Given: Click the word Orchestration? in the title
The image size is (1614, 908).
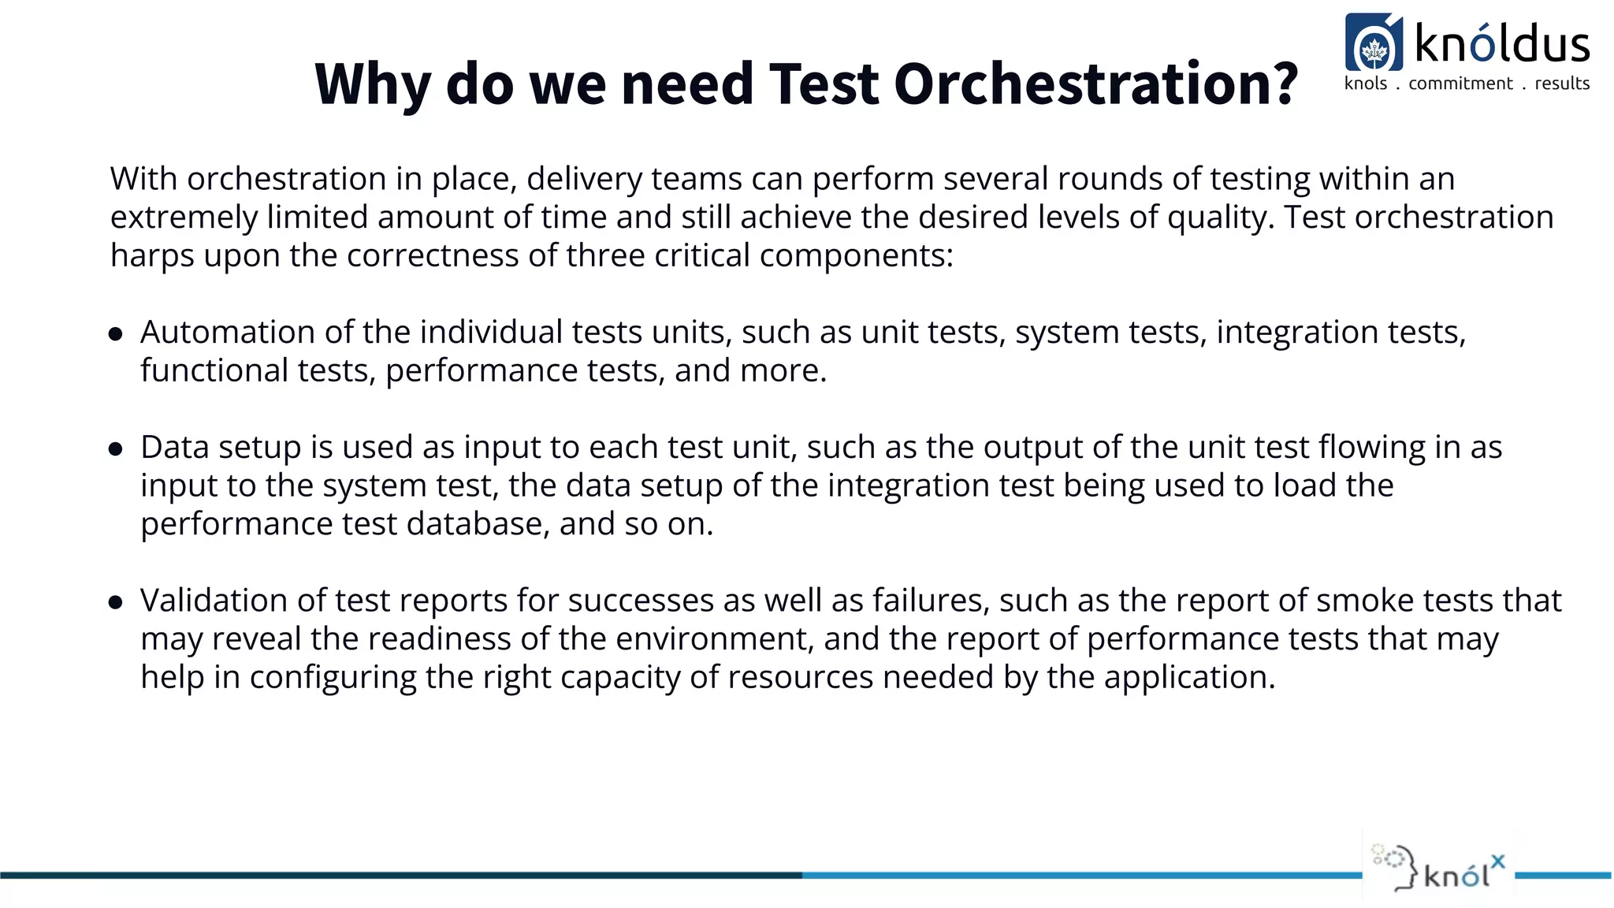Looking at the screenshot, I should point(1095,84).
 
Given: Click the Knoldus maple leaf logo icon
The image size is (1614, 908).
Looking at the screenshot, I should point(1374,44).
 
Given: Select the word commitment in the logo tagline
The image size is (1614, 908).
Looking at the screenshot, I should point(1460,84).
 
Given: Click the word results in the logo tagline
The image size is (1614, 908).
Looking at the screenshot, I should point(1562,84).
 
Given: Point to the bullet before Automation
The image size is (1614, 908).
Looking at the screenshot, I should point(116,334).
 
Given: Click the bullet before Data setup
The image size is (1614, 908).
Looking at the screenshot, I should point(116,449).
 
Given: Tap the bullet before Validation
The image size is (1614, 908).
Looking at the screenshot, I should point(116,603).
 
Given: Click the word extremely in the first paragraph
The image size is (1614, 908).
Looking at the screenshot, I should point(184,218).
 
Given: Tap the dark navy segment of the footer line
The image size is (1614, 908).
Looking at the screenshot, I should point(394,875).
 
